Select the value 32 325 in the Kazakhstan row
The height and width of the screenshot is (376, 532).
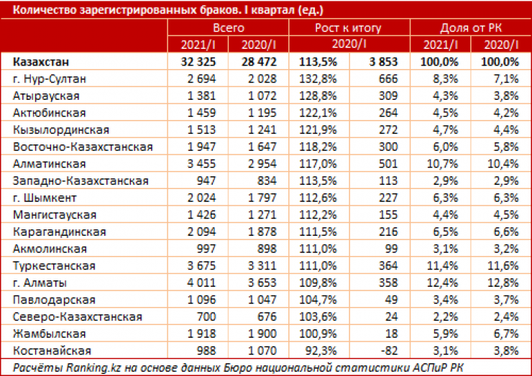[x=196, y=61]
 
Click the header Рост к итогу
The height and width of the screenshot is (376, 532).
[x=348, y=28]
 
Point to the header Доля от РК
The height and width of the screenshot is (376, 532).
[x=472, y=28]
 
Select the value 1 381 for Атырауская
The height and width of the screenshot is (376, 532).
[x=201, y=96]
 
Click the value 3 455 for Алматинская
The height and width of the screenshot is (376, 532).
[x=201, y=164]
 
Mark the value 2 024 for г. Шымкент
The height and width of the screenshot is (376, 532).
[x=201, y=198]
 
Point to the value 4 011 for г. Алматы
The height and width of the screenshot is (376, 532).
[x=201, y=283]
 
